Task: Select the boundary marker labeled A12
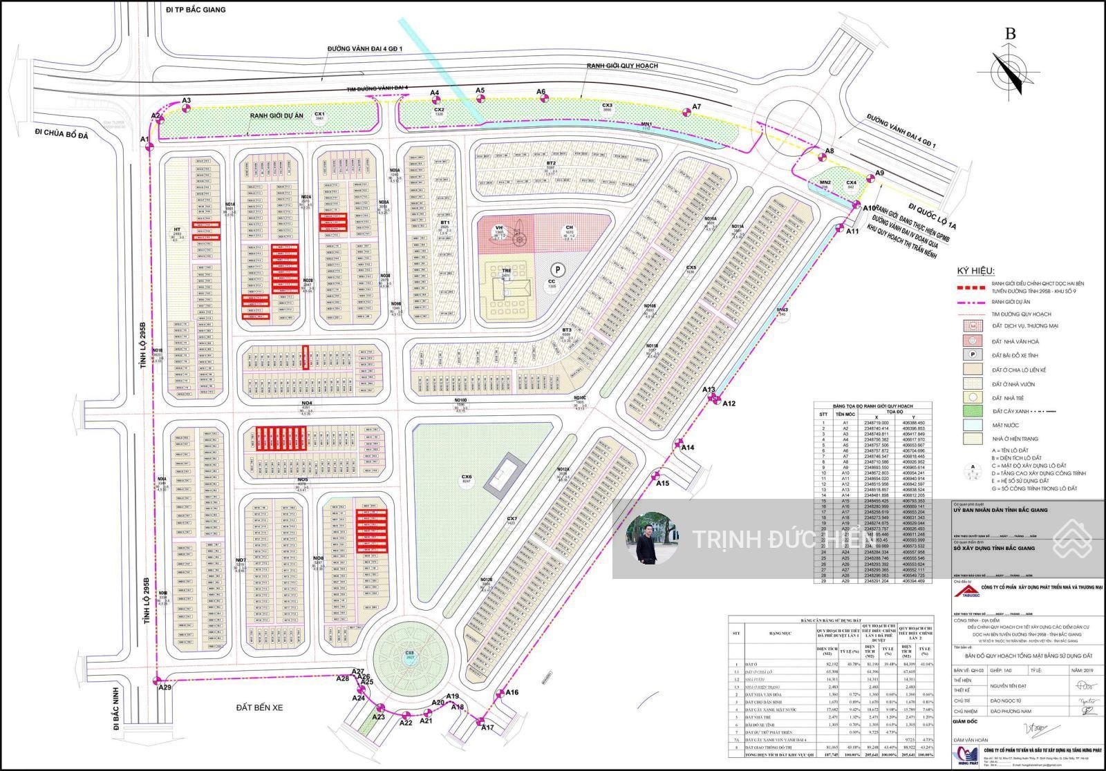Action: coord(718,399)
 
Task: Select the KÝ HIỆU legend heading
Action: coord(975,270)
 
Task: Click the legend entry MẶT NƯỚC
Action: coord(1006,425)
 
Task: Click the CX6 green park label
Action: coord(467,477)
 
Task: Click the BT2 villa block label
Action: coord(551,164)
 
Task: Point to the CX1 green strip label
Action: coord(319,115)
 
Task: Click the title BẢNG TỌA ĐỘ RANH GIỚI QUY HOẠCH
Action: coord(872,406)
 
